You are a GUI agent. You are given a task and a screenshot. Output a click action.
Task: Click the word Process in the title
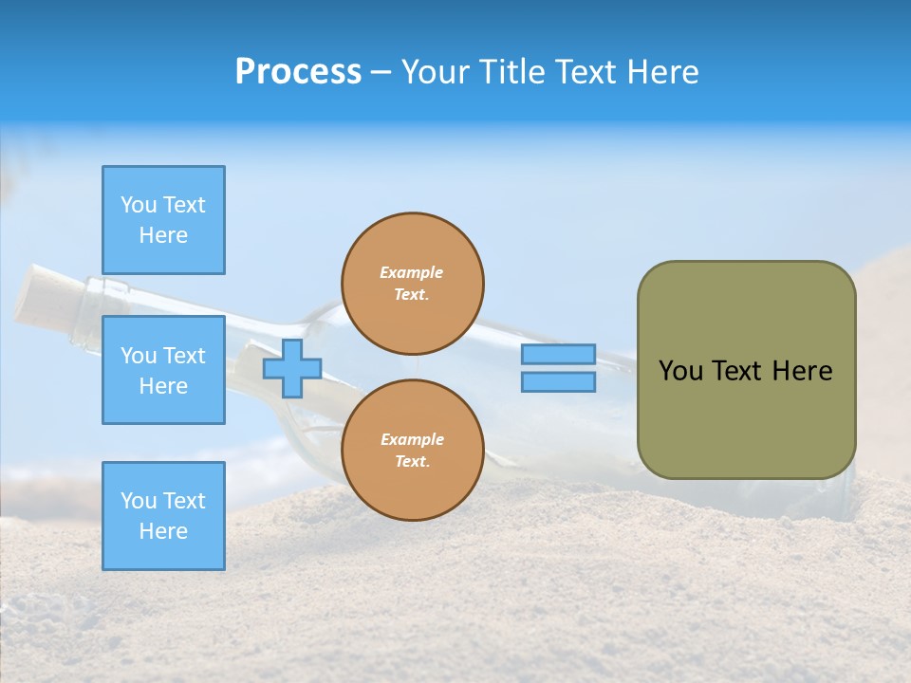[x=298, y=72]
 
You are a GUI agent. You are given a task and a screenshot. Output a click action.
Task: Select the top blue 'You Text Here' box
[x=163, y=220]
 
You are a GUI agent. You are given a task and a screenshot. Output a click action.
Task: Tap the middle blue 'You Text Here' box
[x=163, y=370]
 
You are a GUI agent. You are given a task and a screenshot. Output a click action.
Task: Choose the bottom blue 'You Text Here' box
[x=163, y=515]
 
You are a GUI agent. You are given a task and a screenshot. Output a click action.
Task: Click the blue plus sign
[x=292, y=368]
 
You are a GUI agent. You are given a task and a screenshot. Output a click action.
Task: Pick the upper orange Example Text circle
[x=413, y=283]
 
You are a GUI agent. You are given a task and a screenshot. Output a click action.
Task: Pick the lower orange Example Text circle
[x=413, y=450]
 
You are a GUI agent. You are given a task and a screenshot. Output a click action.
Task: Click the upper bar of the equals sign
[x=558, y=354]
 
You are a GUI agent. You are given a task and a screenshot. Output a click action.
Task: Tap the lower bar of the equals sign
[x=558, y=381]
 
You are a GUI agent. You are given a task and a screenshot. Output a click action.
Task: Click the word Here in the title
[x=662, y=72]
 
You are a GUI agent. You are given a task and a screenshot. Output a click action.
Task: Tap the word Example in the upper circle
[x=411, y=272]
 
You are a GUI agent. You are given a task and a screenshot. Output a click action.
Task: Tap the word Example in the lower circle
[x=411, y=439]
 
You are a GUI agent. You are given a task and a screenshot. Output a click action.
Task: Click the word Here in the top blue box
[x=163, y=235]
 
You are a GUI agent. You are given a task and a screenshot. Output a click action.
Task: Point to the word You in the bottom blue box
[x=139, y=501]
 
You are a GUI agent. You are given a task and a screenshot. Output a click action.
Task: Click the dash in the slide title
[x=381, y=72]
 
